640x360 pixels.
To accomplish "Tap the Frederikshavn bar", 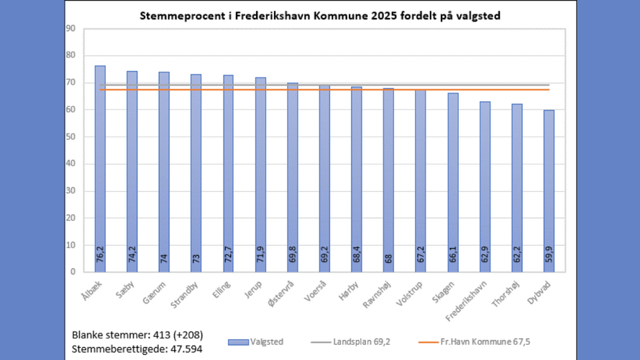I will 485,187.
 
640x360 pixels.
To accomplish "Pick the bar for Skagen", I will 452,183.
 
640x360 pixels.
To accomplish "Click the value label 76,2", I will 100,255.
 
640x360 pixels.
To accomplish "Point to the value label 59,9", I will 549,255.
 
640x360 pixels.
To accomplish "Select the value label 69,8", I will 292,255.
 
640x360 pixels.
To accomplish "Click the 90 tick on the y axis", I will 70,29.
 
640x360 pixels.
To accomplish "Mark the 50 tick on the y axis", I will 70,137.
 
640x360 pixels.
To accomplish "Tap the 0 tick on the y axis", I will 73,272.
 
